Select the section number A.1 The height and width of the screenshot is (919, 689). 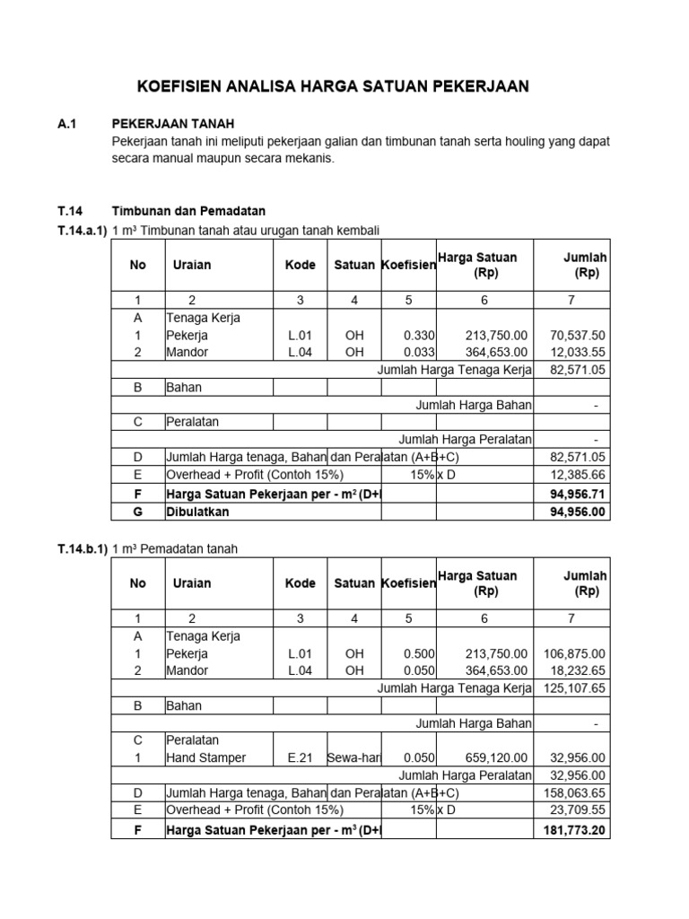point(67,124)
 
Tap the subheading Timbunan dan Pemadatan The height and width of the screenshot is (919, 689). point(188,212)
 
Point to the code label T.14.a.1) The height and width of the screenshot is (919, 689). point(82,231)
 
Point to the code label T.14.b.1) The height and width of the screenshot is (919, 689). point(82,549)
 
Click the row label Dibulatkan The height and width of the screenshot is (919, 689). point(197,511)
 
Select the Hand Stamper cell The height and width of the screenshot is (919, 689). point(205,758)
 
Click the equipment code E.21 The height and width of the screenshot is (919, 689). point(300,758)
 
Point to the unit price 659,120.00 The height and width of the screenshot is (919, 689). point(496,758)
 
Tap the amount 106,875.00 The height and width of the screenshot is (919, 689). point(574,654)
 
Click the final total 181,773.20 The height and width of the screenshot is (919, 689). point(573,830)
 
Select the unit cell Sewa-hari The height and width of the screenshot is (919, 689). point(354,758)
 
